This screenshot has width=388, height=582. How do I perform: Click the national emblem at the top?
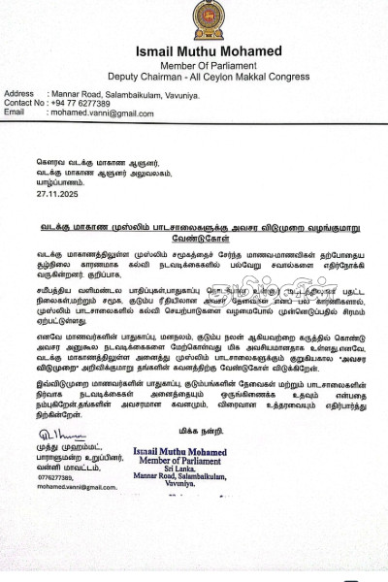207,19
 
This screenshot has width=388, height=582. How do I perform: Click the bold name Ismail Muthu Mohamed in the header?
207,49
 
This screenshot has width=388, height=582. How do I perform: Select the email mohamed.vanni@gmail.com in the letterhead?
102,113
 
